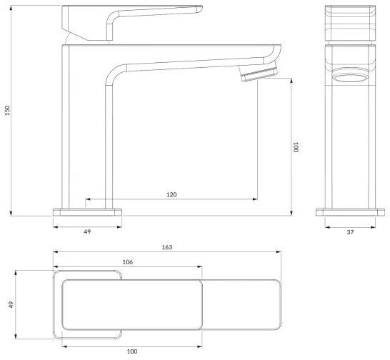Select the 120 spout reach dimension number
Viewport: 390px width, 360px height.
[x=171, y=194]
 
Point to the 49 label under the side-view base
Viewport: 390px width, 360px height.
[x=87, y=231]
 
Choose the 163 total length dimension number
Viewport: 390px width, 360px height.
[x=166, y=247]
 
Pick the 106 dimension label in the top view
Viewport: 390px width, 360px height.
[x=127, y=262]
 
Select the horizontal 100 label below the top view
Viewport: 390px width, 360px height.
[x=131, y=351]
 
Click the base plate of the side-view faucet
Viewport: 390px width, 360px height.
[x=88, y=212]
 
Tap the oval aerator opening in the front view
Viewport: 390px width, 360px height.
[x=350, y=79]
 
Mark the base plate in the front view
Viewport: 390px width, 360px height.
[x=350, y=212]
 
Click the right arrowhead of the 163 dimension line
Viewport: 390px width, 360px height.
[x=277, y=252]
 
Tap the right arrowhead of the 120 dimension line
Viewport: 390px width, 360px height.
[x=256, y=199]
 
